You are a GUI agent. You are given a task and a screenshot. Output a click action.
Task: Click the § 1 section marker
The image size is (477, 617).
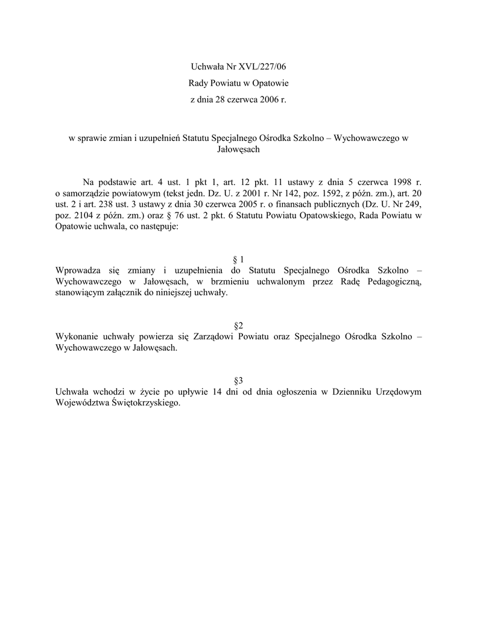click(x=238, y=259)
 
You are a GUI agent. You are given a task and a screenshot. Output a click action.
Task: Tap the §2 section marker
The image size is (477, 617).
click(x=238, y=325)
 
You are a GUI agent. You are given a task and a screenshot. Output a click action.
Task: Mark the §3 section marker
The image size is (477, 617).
click(x=238, y=380)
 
